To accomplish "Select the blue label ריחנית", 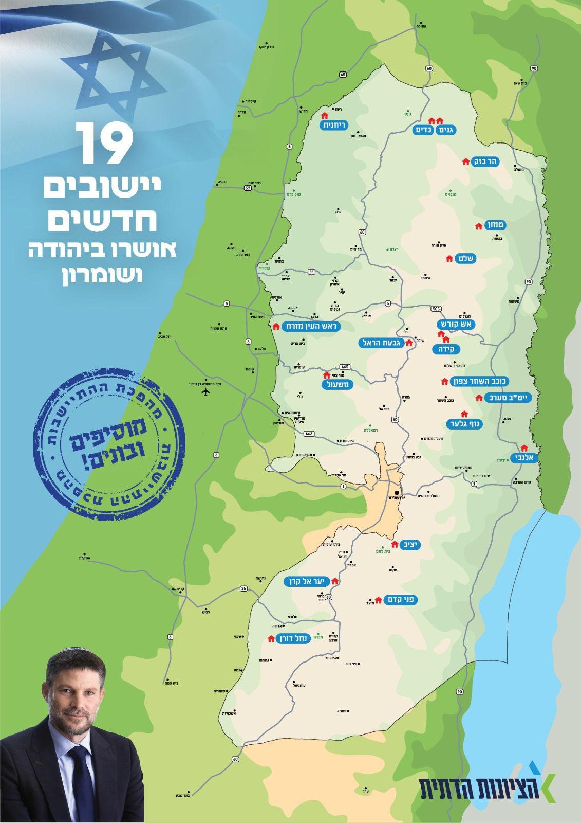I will pos(334,125).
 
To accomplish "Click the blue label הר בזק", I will pos(485,162).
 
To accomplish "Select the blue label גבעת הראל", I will pos(381,343).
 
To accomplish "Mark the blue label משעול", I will pos(338,384).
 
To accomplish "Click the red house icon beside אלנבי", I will pos(524,448).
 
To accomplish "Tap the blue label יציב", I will pos(411,545).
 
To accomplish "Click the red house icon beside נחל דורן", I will pos(271,639).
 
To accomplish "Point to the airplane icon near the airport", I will pos(206,392).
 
